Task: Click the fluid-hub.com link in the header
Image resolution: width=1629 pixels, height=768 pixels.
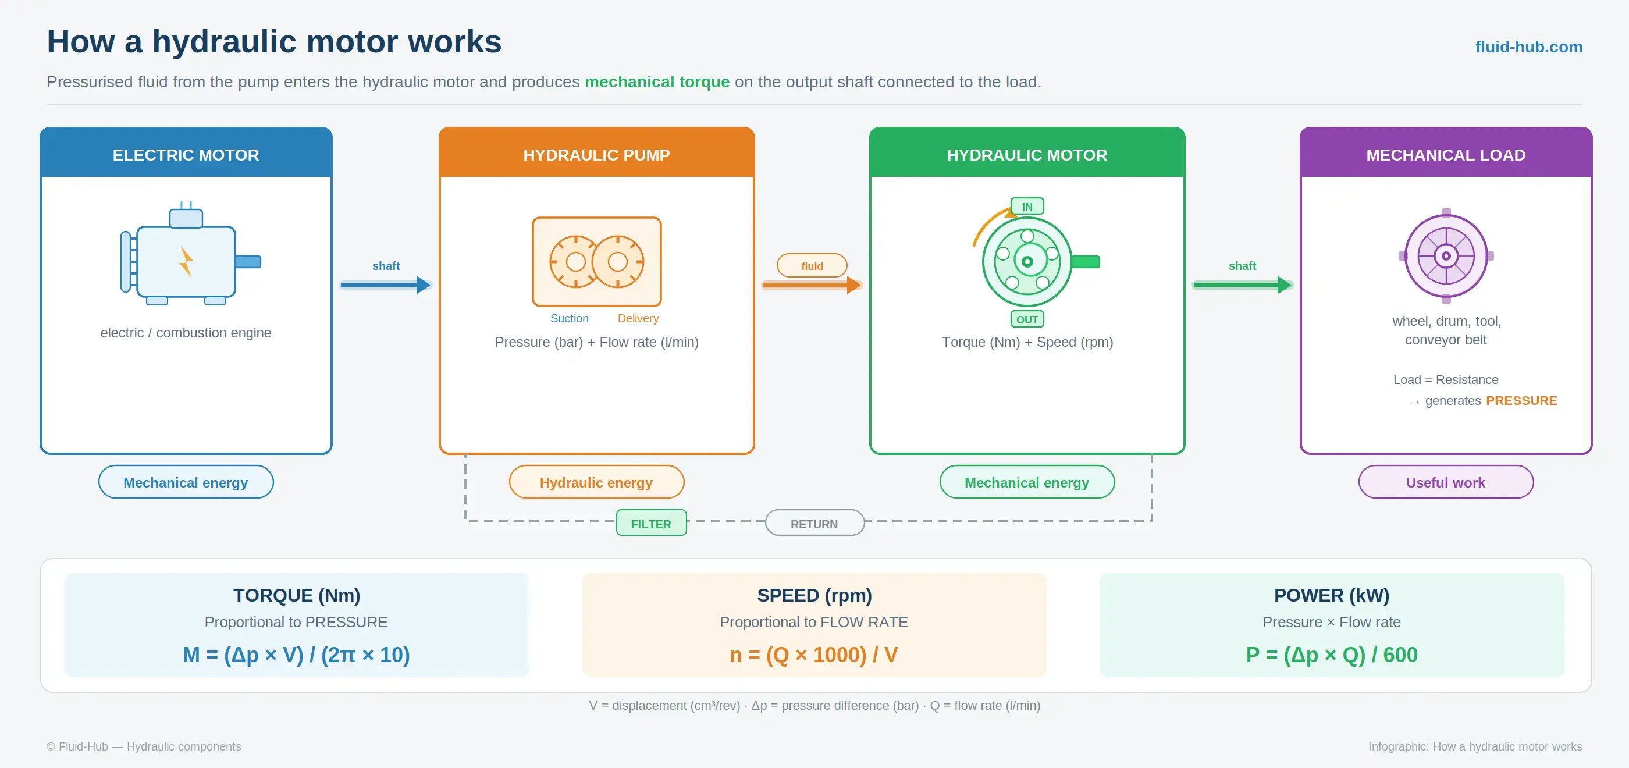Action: (x=1528, y=47)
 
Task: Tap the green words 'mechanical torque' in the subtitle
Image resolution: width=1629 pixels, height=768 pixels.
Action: (x=657, y=81)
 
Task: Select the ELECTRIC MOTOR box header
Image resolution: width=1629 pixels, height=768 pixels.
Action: (x=186, y=152)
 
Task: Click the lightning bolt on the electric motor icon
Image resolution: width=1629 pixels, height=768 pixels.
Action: (x=186, y=261)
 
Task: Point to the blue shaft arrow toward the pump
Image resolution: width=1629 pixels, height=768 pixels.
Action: (x=385, y=285)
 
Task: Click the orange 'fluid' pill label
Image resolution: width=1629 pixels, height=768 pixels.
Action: (x=812, y=266)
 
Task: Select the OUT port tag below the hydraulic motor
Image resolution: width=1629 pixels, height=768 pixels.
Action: (x=1027, y=319)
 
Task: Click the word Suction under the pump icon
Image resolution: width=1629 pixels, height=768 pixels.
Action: (x=569, y=318)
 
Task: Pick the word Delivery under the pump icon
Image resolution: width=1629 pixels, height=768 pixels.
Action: (x=638, y=318)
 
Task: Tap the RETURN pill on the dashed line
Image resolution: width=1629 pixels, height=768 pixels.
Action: (x=814, y=523)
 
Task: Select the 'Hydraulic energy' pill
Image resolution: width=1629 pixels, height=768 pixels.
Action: (x=596, y=482)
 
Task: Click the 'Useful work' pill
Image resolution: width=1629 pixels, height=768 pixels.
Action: (x=1446, y=482)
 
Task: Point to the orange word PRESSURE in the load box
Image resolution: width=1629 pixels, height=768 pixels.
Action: (x=1521, y=400)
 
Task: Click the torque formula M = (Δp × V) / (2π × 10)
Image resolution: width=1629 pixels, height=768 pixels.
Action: (x=297, y=655)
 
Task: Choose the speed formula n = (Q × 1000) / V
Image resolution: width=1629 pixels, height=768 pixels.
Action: (x=814, y=655)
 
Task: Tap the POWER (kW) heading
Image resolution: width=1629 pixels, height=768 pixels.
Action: (x=1332, y=595)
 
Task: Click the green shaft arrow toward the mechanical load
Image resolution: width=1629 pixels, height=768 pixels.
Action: (x=1242, y=285)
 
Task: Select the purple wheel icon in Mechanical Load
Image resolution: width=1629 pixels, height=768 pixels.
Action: (x=1446, y=256)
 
